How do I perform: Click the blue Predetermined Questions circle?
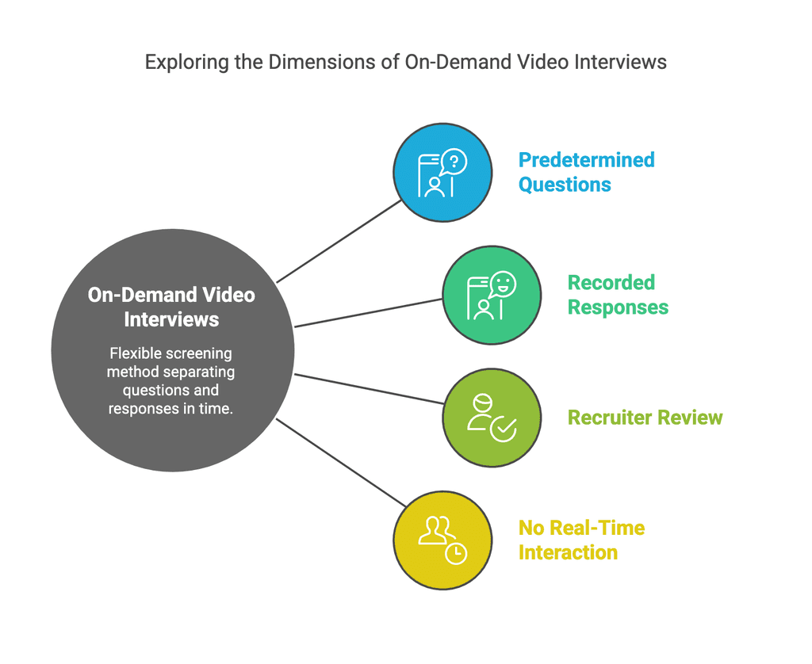(x=442, y=172)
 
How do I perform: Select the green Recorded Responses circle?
(x=491, y=295)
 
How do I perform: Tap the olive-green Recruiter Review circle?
(x=491, y=418)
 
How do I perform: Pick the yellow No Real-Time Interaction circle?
(x=442, y=540)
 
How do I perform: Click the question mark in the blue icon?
(x=454, y=161)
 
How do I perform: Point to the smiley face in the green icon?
(x=502, y=283)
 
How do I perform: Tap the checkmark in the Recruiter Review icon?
(x=503, y=429)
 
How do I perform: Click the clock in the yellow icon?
(x=456, y=554)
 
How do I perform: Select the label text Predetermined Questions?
(x=586, y=172)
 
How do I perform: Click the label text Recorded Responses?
(x=618, y=295)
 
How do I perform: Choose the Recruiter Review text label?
(x=645, y=418)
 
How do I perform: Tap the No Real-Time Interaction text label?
(x=580, y=540)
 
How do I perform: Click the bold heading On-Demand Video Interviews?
(x=171, y=307)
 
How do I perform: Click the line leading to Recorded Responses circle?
(x=369, y=312)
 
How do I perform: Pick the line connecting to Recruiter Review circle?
(x=369, y=388)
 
